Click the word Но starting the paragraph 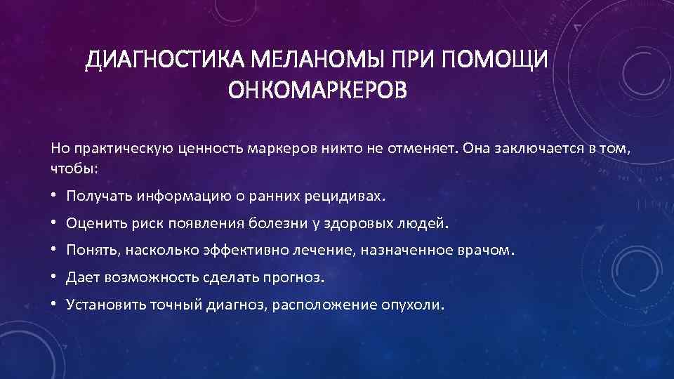tap(58, 148)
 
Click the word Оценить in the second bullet tap(93, 223)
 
